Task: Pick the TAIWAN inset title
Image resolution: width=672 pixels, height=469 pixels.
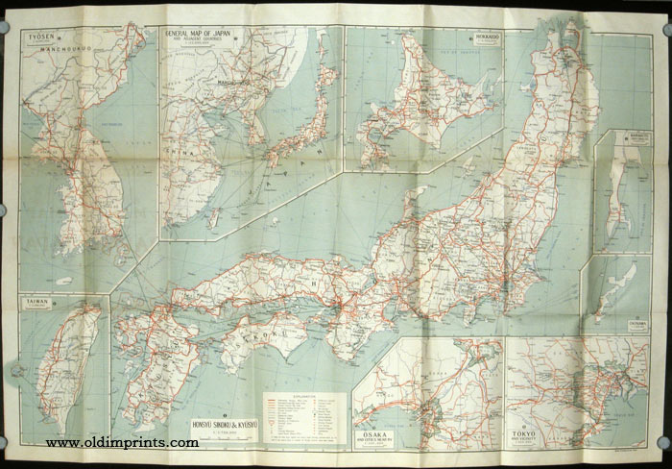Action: point(37,302)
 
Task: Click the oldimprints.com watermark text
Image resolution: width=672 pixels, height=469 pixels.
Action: point(123,443)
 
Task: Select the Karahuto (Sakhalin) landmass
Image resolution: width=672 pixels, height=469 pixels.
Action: point(615,187)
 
